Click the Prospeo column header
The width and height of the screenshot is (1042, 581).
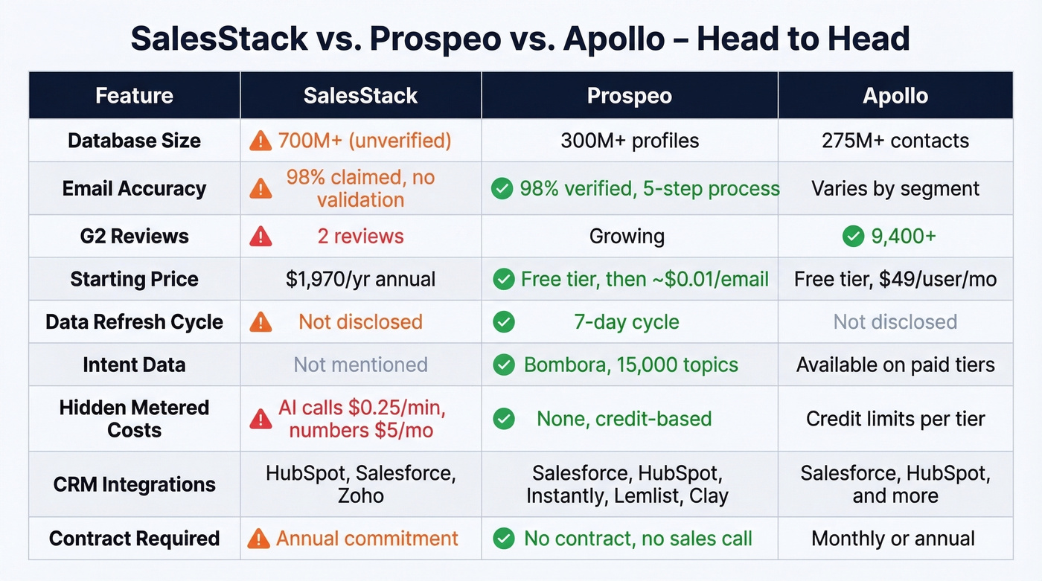[629, 95]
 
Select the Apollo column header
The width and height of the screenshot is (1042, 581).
[895, 95]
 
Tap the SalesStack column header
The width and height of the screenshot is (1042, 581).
[360, 95]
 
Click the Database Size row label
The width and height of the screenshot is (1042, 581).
[134, 141]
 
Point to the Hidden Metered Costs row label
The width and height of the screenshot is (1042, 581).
[134, 419]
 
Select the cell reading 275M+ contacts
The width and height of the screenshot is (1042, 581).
[895, 141]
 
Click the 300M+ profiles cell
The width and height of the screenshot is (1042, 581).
[629, 141]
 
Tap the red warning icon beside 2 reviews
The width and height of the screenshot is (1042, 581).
[260, 237]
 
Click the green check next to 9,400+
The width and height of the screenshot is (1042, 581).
[853, 237]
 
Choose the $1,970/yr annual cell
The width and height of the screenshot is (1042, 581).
[360, 280]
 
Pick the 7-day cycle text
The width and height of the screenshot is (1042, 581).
[626, 322]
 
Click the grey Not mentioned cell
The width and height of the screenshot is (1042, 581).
[360, 365]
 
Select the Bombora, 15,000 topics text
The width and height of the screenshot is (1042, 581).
[630, 365]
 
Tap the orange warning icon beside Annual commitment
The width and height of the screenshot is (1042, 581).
[258, 539]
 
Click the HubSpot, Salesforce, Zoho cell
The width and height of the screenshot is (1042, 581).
[360, 484]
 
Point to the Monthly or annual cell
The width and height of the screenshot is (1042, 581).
[892, 539]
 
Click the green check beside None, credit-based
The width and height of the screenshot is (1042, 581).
[504, 419]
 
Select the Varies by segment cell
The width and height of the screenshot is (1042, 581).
[895, 189]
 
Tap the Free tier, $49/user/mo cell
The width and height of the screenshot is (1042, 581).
[895, 280]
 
